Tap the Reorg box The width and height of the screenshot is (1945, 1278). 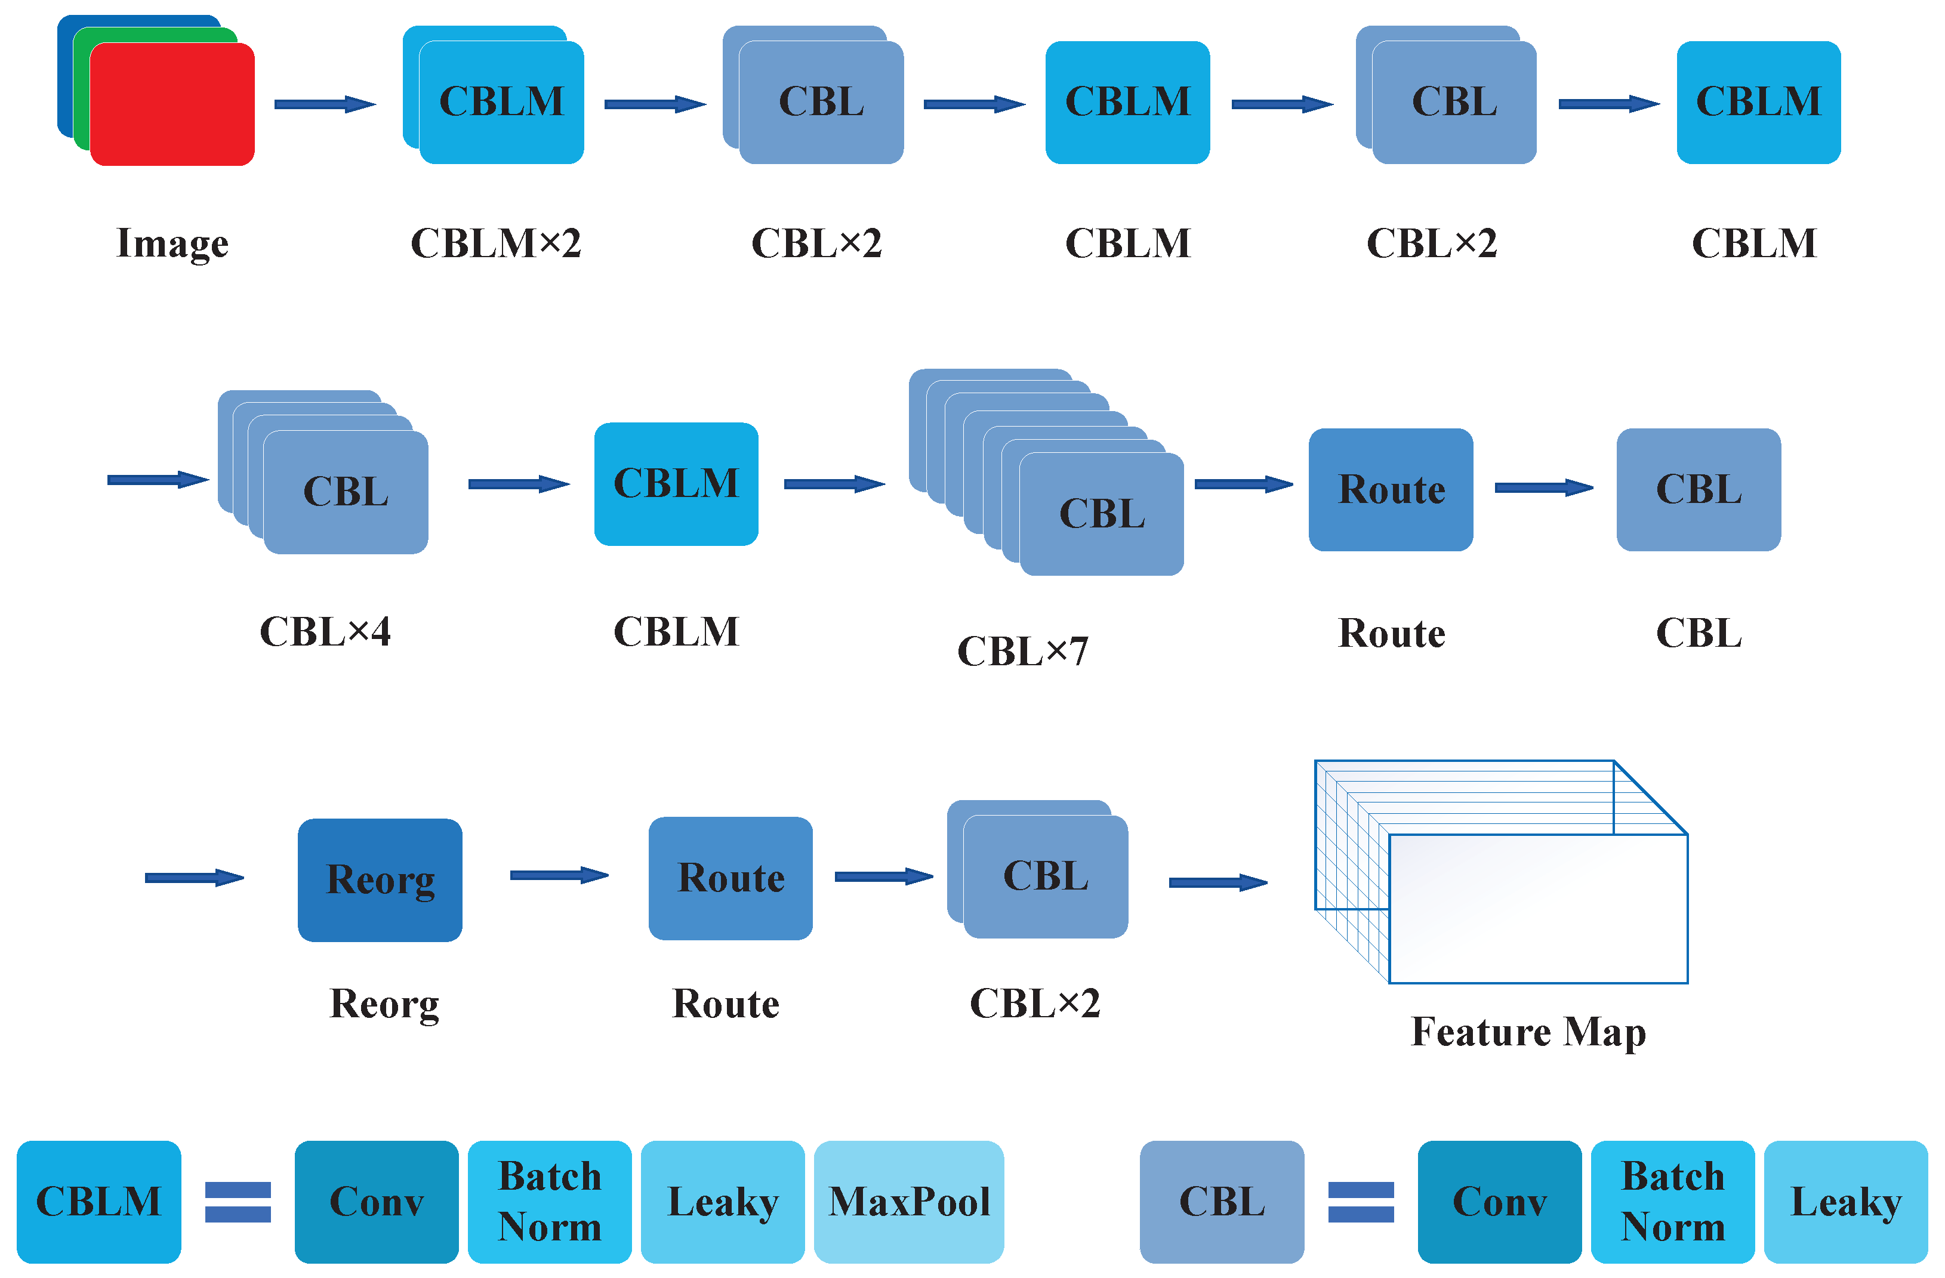click(x=380, y=879)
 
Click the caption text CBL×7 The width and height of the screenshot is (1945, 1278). click(x=1022, y=652)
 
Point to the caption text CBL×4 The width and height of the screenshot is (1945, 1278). click(x=325, y=632)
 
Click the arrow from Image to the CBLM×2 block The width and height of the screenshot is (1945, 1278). click(x=325, y=104)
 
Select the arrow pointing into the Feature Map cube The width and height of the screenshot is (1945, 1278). click(x=1217, y=882)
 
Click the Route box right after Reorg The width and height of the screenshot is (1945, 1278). click(x=730, y=878)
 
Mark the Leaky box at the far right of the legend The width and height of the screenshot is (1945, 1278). click(x=1845, y=1201)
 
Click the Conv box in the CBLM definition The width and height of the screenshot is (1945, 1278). click(x=376, y=1201)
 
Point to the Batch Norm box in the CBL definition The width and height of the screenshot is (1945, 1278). click(x=1672, y=1201)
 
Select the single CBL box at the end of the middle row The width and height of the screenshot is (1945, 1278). click(x=1698, y=489)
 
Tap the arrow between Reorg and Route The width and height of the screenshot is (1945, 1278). click(x=559, y=875)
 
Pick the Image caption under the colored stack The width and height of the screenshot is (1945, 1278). click(x=172, y=243)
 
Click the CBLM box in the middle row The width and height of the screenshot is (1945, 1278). click(x=676, y=484)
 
